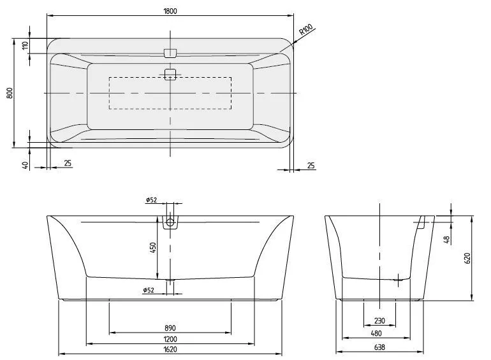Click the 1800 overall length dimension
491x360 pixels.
point(170,11)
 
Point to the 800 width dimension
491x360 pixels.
point(10,93)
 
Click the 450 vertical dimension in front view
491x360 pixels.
point(153,247)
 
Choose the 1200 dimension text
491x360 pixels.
point(170,338)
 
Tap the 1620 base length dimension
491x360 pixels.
point(170,350)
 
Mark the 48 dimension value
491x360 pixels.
point(447,239)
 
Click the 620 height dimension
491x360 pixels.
point(467,257)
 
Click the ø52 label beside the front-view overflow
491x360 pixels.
point(152,200)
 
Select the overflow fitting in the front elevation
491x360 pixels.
point(171,223)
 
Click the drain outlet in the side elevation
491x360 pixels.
point(400,278)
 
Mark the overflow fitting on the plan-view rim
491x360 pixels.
point(170,52)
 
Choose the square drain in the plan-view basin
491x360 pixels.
point(170,74)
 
